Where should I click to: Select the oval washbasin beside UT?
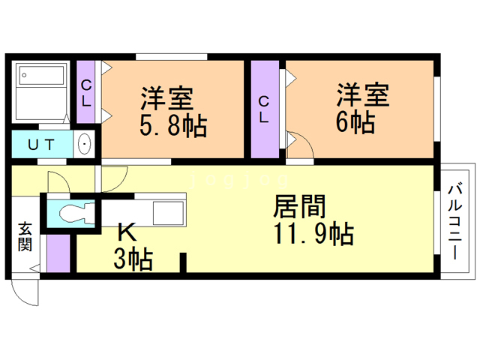84,143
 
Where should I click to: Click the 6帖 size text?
355,122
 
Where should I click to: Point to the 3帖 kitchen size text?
133,259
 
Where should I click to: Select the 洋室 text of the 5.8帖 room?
166,97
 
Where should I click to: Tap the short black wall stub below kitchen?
182,265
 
